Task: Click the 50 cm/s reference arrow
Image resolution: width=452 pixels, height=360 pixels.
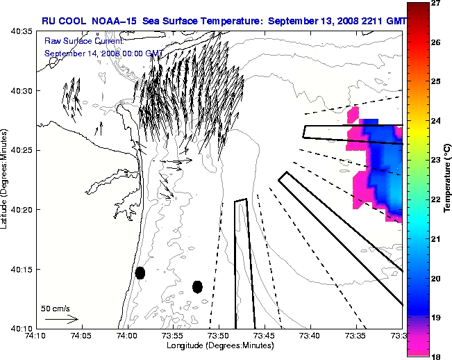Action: tap(61, 319)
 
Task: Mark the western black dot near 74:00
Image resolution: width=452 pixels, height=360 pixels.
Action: tap(140, 272)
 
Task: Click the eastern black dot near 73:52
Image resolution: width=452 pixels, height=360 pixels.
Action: tap(197, 286)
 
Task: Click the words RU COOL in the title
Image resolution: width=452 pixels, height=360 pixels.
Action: tap(65, 21)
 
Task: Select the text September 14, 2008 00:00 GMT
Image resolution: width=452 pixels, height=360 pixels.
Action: tap(104, 53)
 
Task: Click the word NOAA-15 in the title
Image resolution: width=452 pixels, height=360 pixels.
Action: tap(115, 21)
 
